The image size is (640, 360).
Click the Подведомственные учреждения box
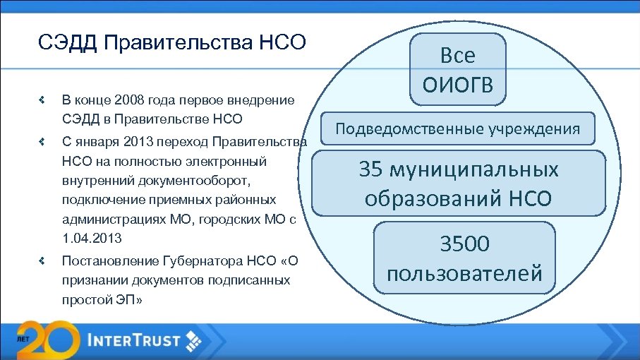tap(458, 129)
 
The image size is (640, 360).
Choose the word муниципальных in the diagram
tap(476, 170)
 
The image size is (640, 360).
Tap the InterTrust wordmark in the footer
tap(134, 340)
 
